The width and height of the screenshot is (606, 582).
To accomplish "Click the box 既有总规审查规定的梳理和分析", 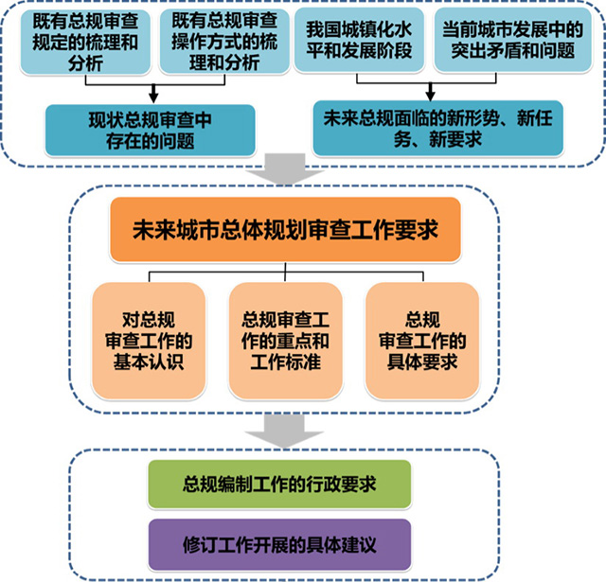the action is tap(85, 42).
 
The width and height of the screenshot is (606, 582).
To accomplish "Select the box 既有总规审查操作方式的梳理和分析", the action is tap(224, 42).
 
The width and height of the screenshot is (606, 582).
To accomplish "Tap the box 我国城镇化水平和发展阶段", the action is tap(359, 40).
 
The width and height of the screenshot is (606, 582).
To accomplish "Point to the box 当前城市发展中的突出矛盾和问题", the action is tap(513, 40).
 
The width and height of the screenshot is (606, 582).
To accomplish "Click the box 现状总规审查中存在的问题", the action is tap(151, 131).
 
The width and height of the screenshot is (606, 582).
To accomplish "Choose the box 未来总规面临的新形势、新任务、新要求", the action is tap(437, 128).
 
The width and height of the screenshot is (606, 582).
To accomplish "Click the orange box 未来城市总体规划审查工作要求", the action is tap(285, 230).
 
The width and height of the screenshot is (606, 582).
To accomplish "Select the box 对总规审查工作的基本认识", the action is tap(149, 341).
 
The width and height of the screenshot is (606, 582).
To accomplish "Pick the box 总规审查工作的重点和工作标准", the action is tap(286, 341).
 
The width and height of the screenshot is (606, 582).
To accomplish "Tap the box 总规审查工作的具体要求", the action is tap(422, 341).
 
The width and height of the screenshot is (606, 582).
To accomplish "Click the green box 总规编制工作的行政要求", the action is tap(279, 484).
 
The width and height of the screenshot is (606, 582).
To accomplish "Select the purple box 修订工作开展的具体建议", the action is tap(279, 545).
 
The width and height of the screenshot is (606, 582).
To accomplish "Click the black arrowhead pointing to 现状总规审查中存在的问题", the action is tap(153, 98).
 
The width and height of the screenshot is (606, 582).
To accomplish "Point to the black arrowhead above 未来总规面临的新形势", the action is tap(431, 96).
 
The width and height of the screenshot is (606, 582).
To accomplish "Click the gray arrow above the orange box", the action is tap(285, 169).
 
